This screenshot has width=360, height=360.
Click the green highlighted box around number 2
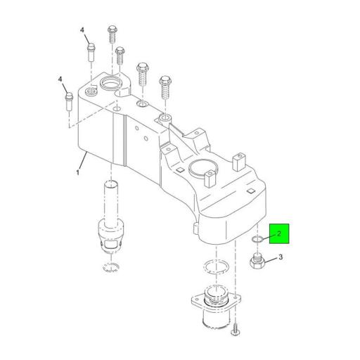[x=279, y=233]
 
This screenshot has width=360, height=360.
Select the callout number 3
[x=281, y=257]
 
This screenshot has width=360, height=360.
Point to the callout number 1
[x=77, y=173]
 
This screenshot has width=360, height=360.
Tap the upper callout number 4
[x=82, y=30]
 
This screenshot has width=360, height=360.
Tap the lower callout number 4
[x=60, y=79]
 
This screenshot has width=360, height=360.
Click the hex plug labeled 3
[x=257, y=262]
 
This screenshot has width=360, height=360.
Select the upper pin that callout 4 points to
[x=91, y=52]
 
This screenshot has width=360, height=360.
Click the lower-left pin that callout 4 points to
[x=69, y=102]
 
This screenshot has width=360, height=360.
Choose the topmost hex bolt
[x=112, y=34]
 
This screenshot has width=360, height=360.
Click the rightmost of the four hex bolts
[x=165, y=87]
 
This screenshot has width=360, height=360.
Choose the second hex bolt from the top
[x=120, y=56]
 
